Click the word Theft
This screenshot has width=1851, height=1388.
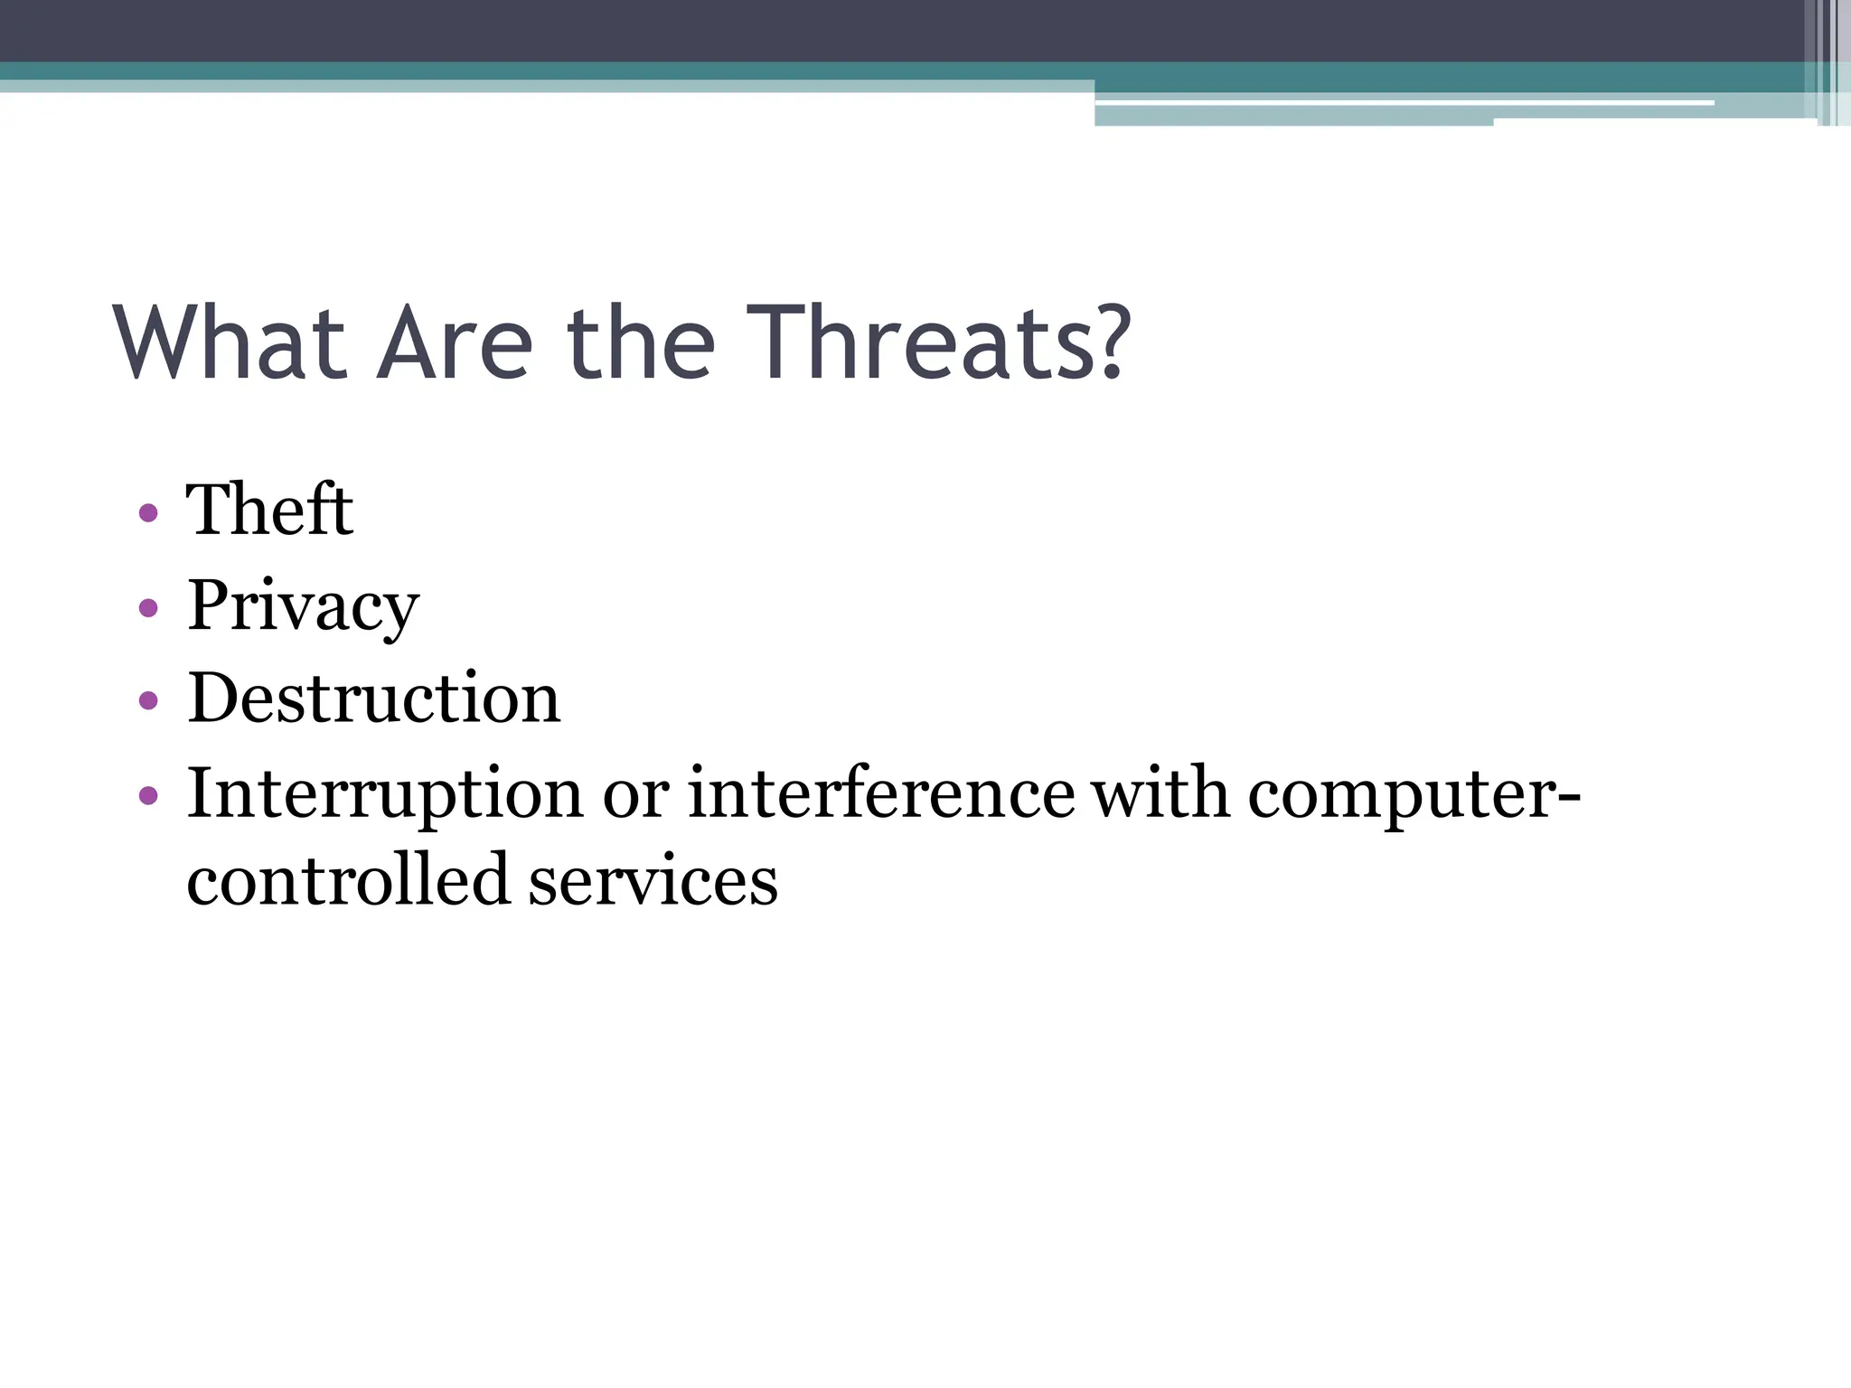tap(269, 511)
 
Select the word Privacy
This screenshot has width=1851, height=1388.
tap(303, 606)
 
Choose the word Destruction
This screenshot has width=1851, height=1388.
tap(373, 699)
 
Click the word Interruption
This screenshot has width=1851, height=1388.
tap(385, 794)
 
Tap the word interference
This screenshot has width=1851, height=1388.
tap(881, 794)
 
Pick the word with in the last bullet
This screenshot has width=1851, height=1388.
tap(1160, 794)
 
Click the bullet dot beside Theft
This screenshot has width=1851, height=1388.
tap(149, 514)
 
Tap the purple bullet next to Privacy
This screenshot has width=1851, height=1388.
tap(149, 607)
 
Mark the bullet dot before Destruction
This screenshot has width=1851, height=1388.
tap(149, 700)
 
